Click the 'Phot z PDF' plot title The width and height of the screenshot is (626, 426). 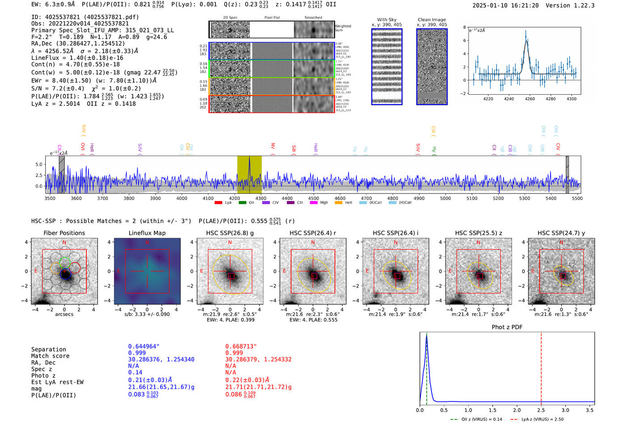507,327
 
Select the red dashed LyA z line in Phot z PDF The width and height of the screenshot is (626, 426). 541,367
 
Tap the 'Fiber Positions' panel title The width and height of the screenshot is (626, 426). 64,233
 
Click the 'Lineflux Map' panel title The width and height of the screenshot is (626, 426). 147,233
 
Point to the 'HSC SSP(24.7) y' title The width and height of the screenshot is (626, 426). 561,233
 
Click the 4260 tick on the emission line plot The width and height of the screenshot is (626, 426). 530,99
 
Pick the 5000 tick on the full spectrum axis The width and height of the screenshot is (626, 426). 445,198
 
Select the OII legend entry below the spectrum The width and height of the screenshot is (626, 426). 247,202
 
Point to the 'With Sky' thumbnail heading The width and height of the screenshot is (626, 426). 386,20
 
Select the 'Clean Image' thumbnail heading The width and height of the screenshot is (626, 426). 431,20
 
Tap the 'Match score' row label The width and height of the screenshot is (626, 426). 50,356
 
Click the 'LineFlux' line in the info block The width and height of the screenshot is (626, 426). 77,58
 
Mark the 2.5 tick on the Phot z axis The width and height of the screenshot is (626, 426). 541,410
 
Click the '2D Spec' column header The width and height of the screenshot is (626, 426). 230,18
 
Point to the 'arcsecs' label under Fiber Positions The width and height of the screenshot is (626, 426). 64,314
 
